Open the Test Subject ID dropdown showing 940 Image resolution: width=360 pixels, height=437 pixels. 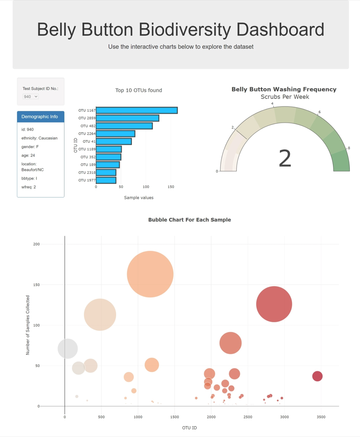point(31,97)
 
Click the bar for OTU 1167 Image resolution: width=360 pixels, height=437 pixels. point(136,110)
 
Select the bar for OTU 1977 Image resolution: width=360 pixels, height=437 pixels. point(106,180)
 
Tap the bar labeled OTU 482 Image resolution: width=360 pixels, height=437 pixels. point(124,126)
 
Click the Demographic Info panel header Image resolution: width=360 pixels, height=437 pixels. point(40,117)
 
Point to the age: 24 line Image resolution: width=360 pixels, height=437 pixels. point(28,155)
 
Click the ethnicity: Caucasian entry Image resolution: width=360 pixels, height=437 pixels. point(39,138)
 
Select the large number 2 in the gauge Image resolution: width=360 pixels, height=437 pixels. point(285,159)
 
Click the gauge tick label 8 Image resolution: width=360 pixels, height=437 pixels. point(349,148)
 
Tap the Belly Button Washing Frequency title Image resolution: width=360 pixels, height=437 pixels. point(284,89)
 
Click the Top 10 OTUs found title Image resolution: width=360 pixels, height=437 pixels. point(138,90)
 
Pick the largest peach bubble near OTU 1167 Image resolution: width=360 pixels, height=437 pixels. point(150,274)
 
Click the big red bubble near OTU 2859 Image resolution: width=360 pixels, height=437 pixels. point(274,304)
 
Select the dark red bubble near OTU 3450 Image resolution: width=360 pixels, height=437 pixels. point(318,376)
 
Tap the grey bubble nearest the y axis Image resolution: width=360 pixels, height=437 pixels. point(68,348)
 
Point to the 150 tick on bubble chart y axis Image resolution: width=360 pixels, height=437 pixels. point(36,285)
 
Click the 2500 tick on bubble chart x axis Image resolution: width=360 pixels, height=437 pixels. point(248,417)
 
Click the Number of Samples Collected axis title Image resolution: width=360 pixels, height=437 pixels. point(28,325)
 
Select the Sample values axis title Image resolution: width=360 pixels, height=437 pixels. point(138,197)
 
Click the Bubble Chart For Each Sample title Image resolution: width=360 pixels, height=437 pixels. point(189,220)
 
